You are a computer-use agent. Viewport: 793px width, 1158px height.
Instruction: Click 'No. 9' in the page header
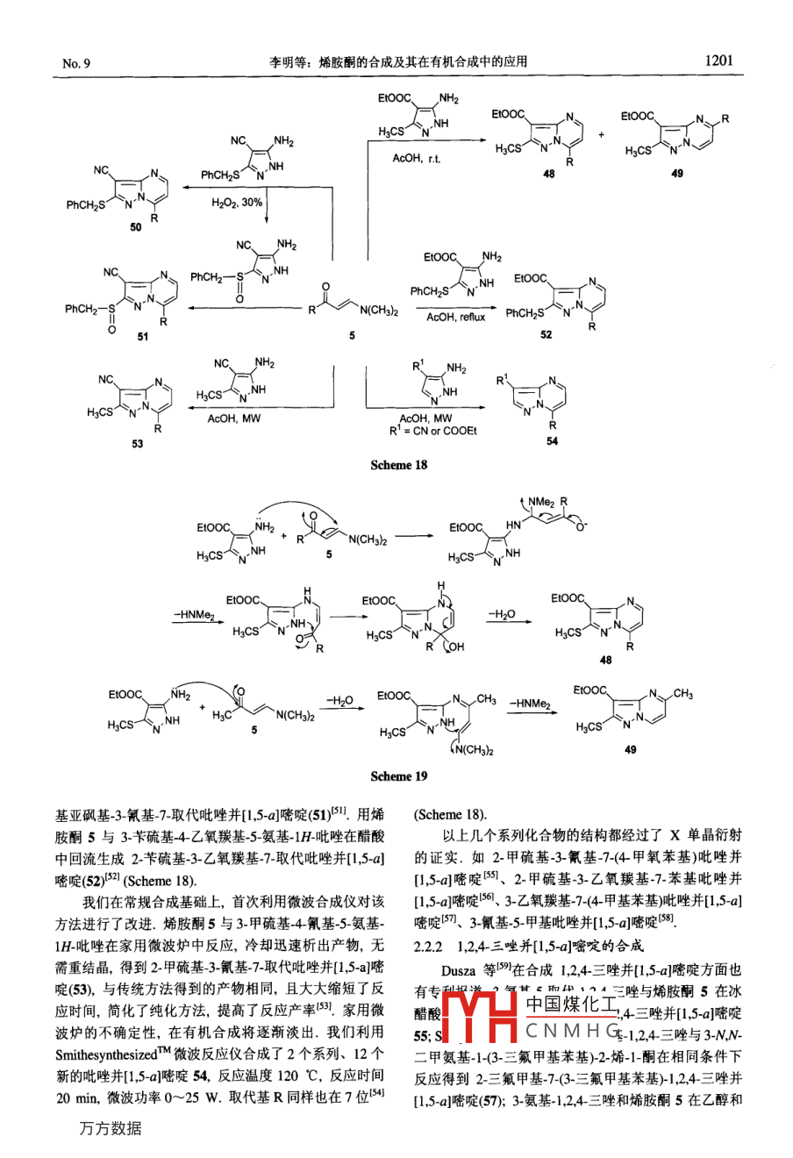[77, 63]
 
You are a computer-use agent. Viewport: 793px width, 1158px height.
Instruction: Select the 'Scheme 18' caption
[398, 465]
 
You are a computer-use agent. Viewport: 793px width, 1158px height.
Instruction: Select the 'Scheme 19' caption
[398, 776]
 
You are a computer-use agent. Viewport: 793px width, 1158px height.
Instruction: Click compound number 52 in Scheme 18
[547, 335]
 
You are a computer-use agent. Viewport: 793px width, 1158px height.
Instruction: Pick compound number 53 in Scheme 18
[138, 443]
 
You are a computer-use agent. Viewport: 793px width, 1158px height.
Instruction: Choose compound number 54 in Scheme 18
[552, 441]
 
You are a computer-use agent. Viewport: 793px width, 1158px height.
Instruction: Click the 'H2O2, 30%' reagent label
[237, 203]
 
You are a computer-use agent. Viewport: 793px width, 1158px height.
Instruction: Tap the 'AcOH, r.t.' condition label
[416, 158]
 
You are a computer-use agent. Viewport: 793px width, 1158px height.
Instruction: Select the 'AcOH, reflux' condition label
[455, 317]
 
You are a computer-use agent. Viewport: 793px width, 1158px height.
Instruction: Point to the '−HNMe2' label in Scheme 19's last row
[530, 704]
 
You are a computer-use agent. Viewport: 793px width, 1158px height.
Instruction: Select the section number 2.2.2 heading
[432, 945]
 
